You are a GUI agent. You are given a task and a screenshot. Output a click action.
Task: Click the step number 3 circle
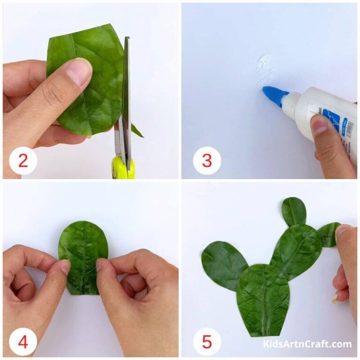tap(207, 161)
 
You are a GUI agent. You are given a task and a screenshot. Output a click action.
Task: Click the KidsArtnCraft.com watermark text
tap(307, 344)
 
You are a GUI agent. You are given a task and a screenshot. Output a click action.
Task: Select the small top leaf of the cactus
tap(293, 211)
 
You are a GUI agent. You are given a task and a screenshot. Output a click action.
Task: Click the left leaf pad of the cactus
tap(224, 265)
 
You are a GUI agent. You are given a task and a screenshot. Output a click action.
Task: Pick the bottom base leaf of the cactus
tap(262, 300)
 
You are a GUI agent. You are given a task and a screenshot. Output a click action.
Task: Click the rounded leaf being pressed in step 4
tap(83, 248)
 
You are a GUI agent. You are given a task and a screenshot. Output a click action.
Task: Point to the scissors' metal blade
tap(126, 94)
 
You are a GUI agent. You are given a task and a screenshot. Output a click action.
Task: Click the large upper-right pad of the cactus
tap(296, 251)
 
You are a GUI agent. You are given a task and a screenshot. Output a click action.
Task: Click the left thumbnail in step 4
tap(64, 267)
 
